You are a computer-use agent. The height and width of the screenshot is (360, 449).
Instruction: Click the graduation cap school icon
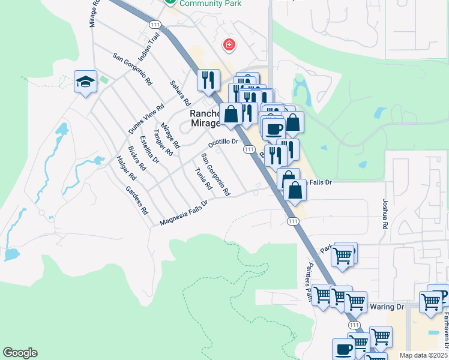point(85,82)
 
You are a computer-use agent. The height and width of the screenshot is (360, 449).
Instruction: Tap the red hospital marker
point(229,44)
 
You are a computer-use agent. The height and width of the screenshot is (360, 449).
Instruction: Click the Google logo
point(20,353)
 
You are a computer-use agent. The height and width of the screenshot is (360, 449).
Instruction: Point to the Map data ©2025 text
point(423,355)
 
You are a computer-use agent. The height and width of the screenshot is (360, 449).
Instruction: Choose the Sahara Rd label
point(179,93)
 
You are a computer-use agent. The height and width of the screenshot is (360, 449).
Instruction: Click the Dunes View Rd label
point(146,119)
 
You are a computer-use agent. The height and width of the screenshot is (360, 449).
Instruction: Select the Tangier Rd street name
point(163,143)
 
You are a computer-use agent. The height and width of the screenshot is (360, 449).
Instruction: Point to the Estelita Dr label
point(148,149)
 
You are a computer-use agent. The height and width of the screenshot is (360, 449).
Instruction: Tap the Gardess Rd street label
point(136,200)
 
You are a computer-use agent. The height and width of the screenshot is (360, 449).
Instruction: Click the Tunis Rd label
point(203,179)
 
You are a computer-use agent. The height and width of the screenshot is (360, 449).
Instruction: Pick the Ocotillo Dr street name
point(223,143)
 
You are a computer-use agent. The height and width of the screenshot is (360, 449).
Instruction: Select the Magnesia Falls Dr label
point(183,214)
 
